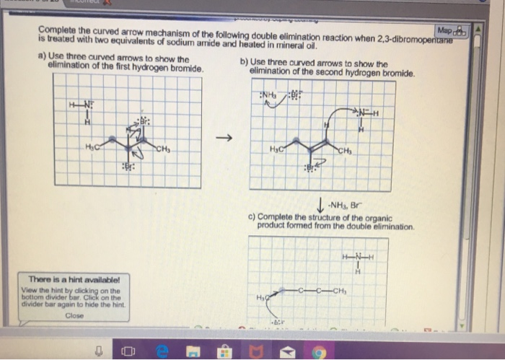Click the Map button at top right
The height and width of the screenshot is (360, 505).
[x=452, y=31]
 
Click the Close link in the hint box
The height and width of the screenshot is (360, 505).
[x=74, y=315]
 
